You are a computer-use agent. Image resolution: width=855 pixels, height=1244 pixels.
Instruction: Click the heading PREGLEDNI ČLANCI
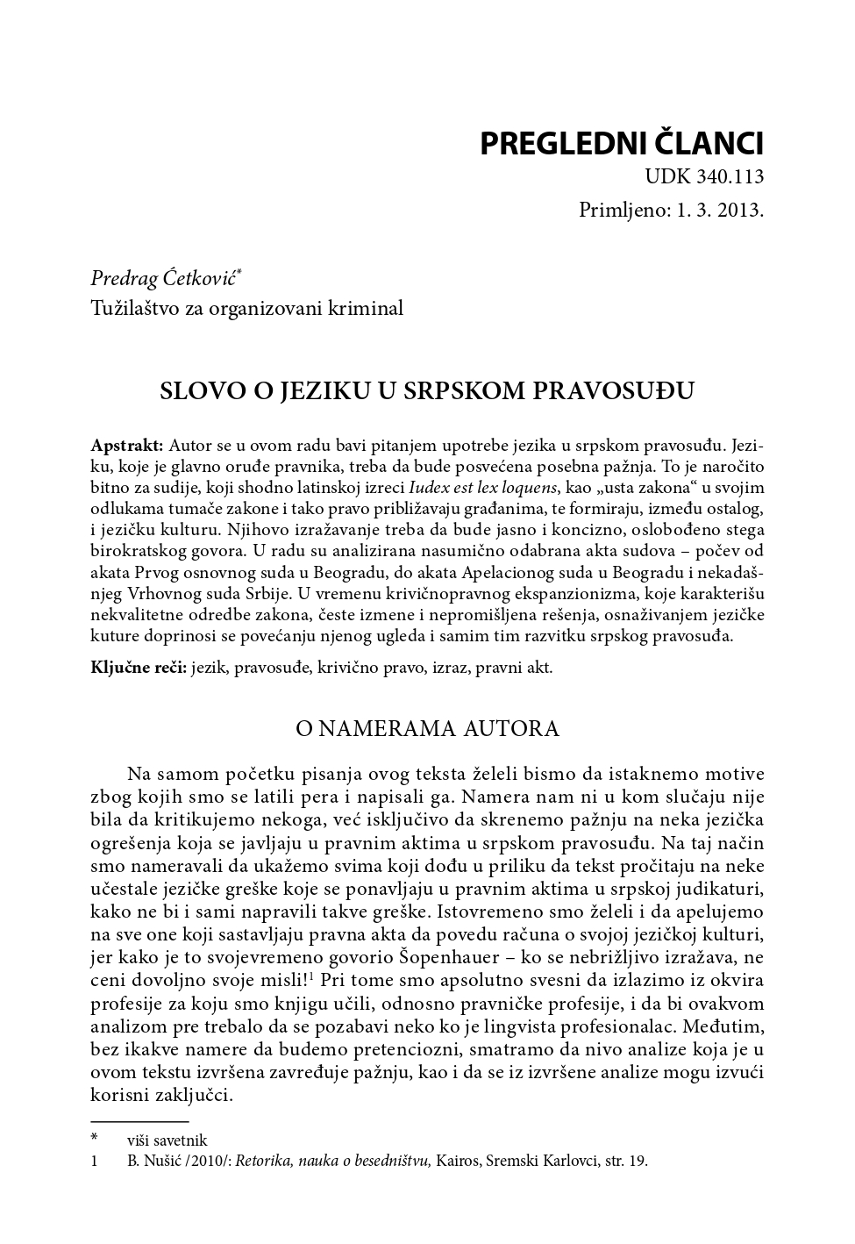(x=621, y=144)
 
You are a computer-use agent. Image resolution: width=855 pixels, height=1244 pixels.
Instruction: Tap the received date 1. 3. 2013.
(x=719, y=211)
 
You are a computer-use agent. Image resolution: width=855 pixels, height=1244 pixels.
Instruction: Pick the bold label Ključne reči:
(x=139, y=668)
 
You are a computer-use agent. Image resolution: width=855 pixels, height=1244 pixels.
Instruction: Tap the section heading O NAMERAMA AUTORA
(x=427, y=729)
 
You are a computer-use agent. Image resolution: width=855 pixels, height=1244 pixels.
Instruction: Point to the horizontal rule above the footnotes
(x=139, y=1121)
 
